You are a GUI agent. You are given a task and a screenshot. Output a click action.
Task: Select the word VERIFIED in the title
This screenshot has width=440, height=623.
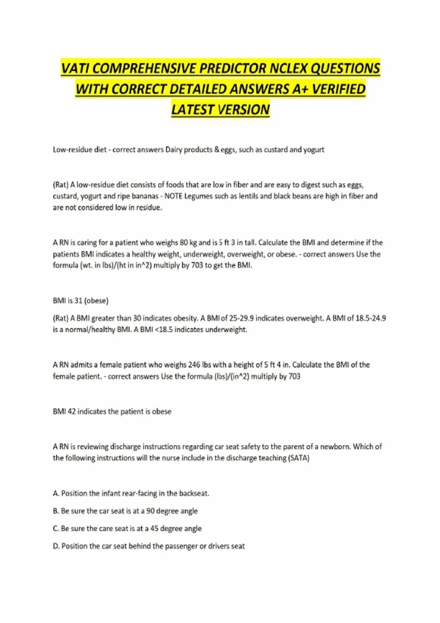point(339,89)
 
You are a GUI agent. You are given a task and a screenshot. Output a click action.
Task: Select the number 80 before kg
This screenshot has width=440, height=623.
point(184,243)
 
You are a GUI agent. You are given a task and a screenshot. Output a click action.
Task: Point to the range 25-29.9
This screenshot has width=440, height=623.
point(241,318)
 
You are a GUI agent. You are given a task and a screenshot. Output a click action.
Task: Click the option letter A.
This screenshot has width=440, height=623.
point(56,493)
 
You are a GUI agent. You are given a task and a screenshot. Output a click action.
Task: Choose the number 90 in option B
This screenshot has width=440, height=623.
point(150,511)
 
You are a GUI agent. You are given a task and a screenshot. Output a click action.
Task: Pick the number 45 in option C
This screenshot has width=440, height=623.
point(154,528)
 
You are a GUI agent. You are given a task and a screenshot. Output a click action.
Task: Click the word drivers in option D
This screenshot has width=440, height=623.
point(219,546)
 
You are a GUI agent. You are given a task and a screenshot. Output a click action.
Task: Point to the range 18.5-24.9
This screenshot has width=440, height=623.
point(371,318)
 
